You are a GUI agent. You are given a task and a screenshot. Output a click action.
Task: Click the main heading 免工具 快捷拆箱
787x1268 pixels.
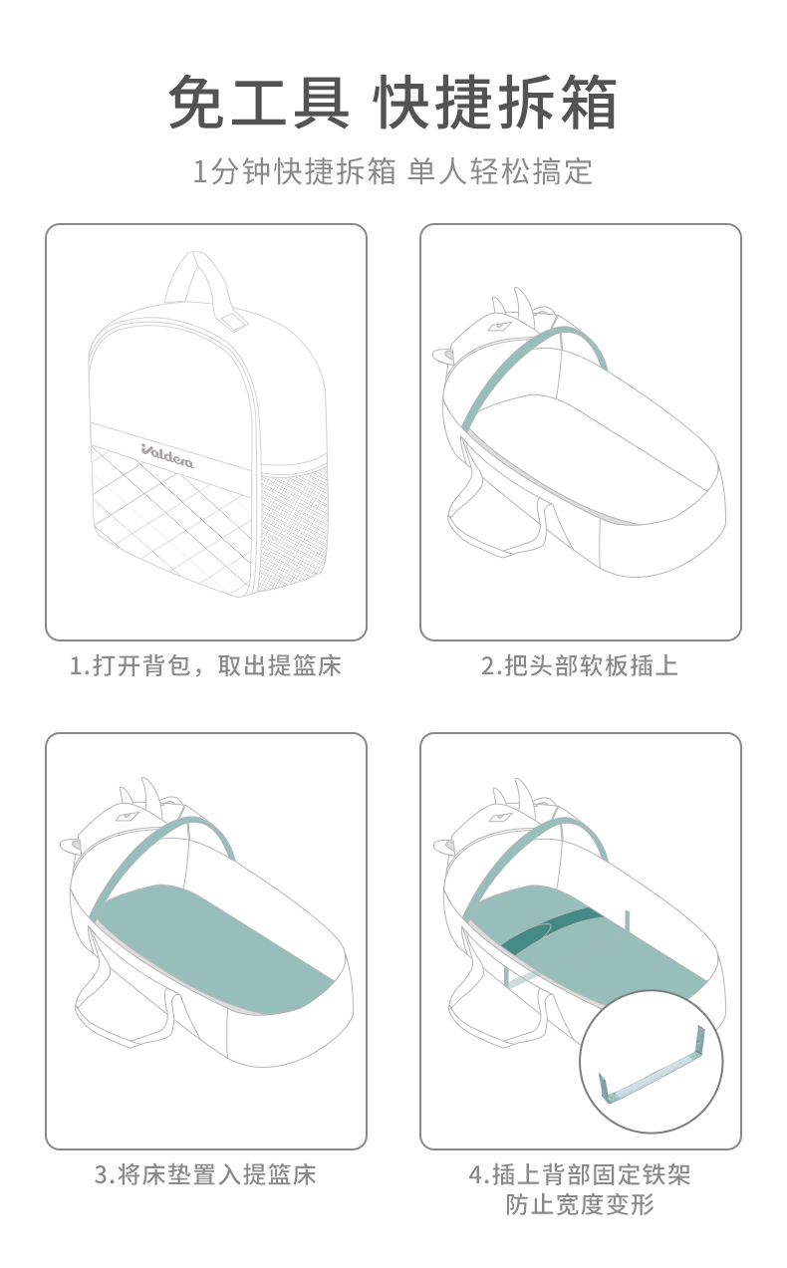393,103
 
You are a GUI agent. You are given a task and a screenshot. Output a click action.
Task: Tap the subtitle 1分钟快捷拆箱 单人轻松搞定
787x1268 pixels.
393,171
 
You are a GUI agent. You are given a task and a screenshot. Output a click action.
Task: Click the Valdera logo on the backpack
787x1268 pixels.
167,456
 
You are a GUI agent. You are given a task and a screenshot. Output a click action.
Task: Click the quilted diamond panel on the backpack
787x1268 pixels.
170,515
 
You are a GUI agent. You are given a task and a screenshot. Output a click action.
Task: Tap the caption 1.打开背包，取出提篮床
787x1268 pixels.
205,665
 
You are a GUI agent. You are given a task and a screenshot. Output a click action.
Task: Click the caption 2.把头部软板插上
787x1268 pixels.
580,665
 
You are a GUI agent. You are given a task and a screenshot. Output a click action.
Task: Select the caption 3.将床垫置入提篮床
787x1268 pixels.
205,1174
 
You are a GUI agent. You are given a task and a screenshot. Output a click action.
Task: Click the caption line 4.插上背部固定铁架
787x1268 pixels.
580,1174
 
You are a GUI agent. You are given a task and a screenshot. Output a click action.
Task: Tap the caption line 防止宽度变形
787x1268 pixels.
580,1204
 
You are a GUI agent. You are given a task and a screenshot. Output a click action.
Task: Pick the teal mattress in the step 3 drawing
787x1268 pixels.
212,946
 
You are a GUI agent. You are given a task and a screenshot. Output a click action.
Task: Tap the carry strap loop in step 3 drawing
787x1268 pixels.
125,1003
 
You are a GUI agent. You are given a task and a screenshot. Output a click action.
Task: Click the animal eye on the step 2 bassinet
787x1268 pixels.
500,326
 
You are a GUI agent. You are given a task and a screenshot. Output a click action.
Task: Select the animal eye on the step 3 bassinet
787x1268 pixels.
128,816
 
